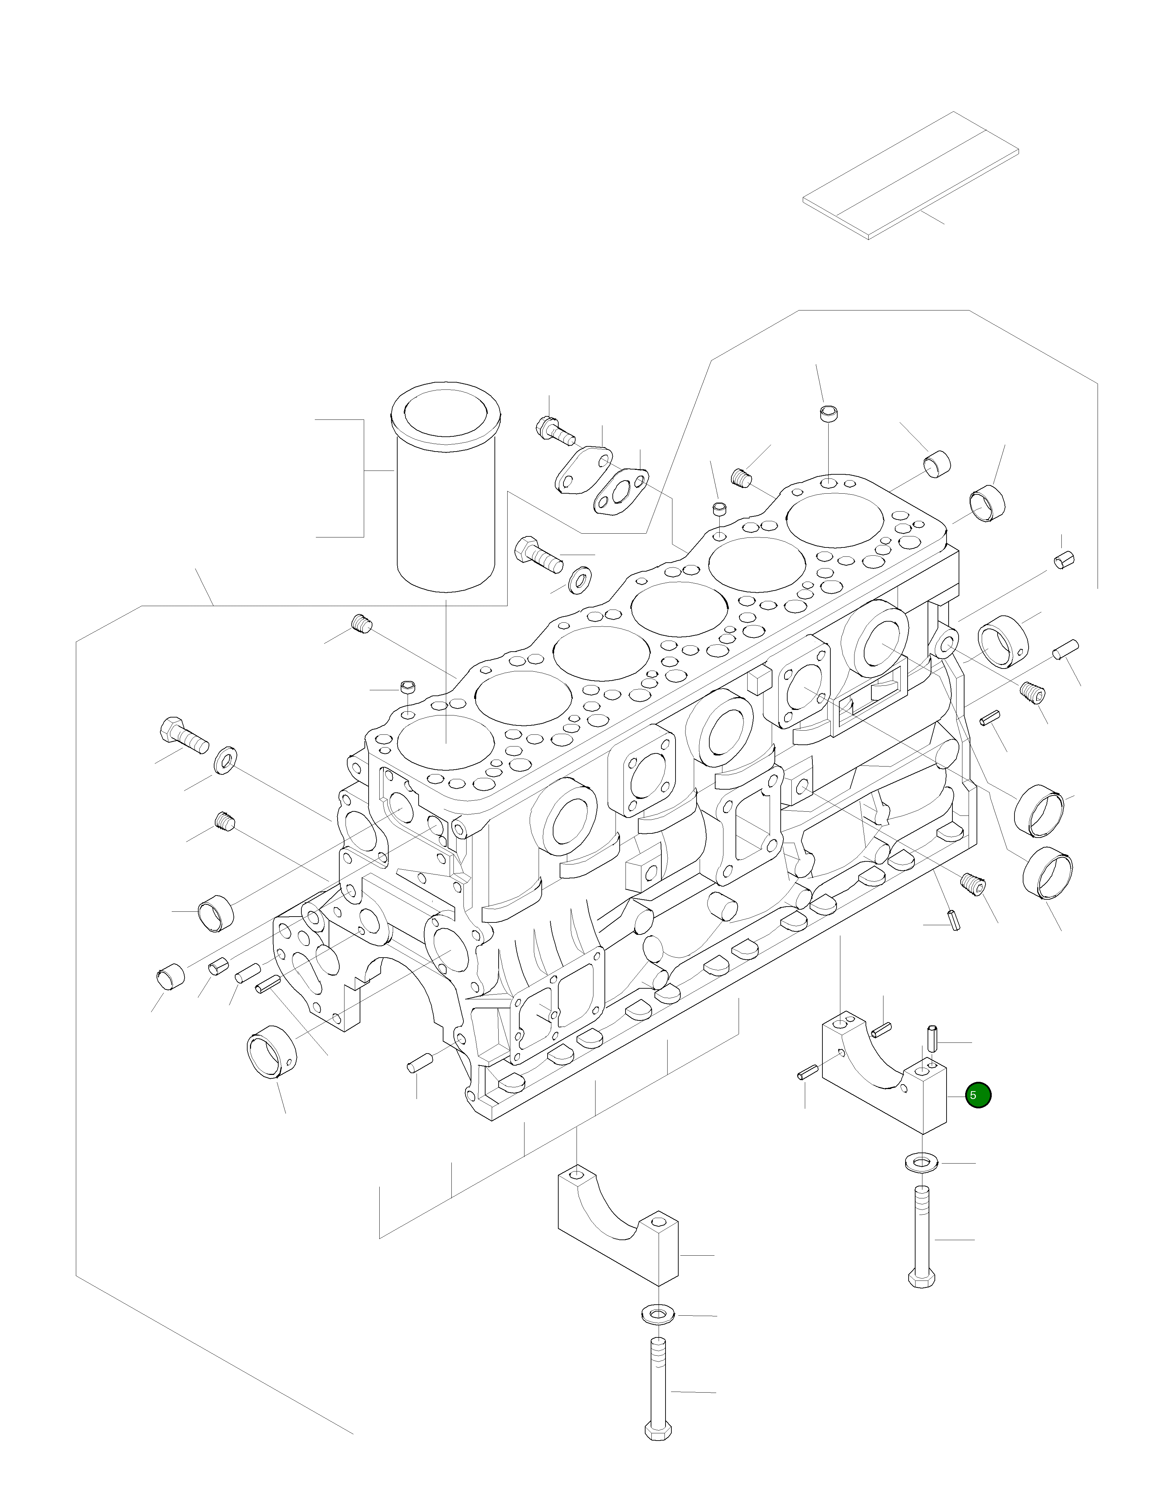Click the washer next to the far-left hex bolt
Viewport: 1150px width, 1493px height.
(x=226, y=761)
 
